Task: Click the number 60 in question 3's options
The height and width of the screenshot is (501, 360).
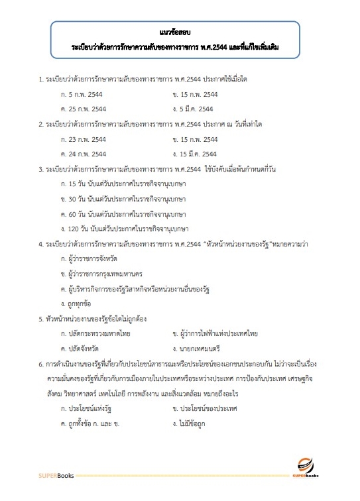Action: (74, 214)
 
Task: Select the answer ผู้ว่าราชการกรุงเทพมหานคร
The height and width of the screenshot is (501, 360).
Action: (107, 274)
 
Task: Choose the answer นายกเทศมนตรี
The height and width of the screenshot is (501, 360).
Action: (200, 348)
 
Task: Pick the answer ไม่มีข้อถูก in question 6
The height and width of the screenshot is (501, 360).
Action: (196, 423)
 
